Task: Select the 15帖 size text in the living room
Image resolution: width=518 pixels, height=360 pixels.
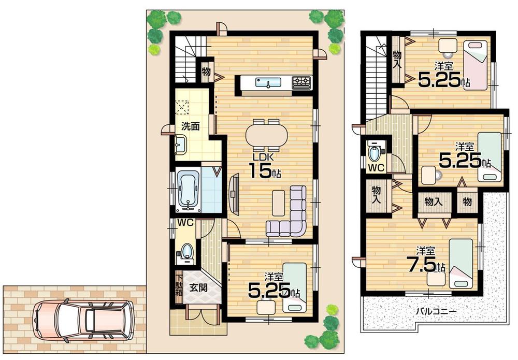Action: (264, 170)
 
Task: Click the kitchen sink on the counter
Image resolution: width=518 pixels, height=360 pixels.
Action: (268, 82)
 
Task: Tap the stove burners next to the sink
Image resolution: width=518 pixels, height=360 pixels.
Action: (301, 82)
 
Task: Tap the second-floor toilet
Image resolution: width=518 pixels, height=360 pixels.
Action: (373, 153)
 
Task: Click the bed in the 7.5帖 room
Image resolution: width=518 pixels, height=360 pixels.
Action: (461, 263)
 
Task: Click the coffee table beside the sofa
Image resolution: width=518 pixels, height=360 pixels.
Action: (279, 201)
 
